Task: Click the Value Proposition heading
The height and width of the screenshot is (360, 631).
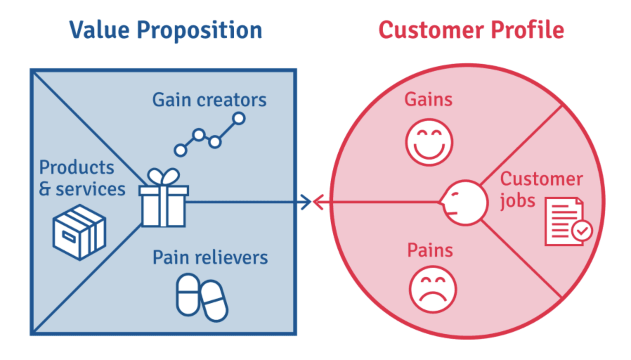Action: (x=166, y=30)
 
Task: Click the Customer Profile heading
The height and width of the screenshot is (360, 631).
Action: (x=471, y=30)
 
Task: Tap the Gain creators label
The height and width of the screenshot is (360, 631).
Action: (x=209, y=100)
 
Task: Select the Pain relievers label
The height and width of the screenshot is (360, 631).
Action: (x=210, y=257)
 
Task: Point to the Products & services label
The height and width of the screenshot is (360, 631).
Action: (x=82, y=178)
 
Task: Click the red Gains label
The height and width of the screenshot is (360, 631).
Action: (x=428, y=99)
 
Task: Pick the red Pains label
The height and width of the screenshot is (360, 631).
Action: (x=430, y=250)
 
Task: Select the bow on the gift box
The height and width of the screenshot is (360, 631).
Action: (x=163, y=176)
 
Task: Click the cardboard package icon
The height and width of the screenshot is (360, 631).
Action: (x=79, y=232)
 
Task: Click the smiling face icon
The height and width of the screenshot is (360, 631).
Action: (x=429, y=142)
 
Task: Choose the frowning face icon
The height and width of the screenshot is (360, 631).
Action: (x=432, y=289)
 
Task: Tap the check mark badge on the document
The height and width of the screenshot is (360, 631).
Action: (x=582, y=231)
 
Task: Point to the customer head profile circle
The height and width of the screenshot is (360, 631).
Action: (x=464, y=202)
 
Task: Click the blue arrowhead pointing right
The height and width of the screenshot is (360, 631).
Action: (x=306, y=202)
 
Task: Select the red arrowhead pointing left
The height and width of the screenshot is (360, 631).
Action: (x=318, y=202)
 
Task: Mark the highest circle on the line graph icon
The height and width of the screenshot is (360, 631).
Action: (x=239, y=118)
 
